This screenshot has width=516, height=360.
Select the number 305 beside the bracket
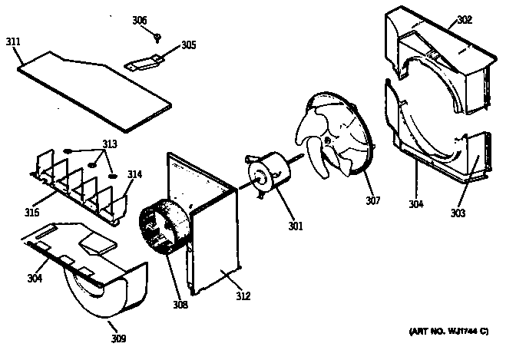tap(187, 45)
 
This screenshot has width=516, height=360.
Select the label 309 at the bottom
tap(118, 338)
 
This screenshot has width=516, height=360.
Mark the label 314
tap(134, 174)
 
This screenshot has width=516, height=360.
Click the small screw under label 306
tap(157, 35)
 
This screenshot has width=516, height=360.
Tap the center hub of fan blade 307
tap(327, 141)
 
